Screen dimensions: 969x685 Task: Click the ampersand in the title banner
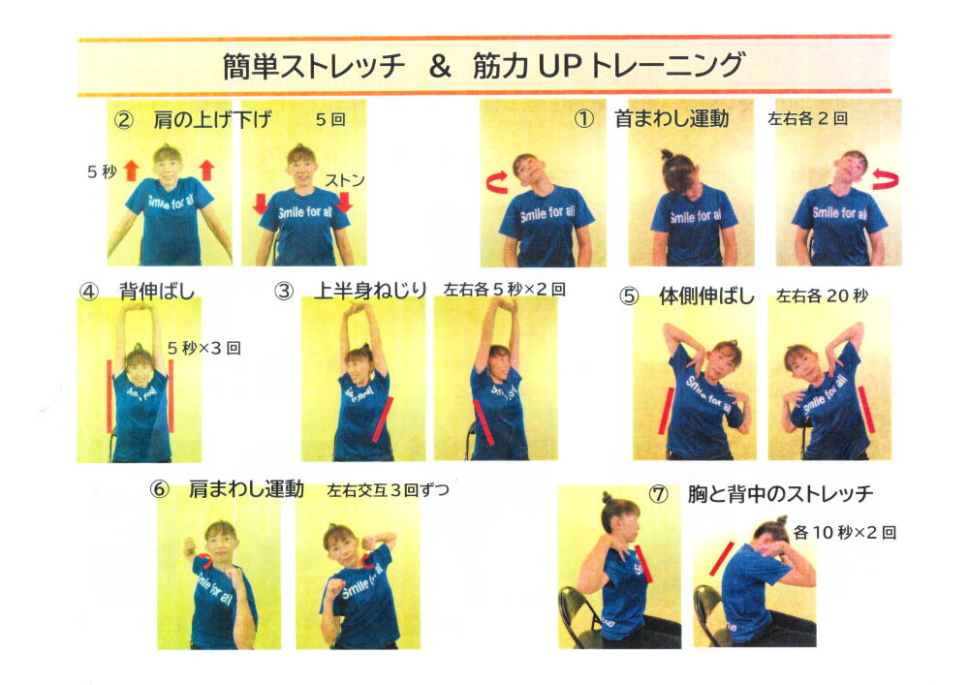pos(439,66)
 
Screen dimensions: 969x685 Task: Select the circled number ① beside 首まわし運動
pos(584,118)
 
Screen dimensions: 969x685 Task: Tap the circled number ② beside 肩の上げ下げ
pos(124,119)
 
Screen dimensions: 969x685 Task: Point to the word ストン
pos(345,180)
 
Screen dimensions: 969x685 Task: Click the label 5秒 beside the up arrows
pos(102,171)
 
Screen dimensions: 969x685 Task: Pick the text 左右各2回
pos(807,118)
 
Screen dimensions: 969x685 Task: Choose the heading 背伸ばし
pos(157,291)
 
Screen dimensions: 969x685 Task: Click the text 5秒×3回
pos(203,348)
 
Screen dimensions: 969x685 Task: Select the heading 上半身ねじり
pos(370,290)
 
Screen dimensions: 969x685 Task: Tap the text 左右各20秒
pos(822,296)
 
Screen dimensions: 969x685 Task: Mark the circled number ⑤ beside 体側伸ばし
pos(629,296)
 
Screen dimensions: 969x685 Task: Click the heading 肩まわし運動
pos(246,489)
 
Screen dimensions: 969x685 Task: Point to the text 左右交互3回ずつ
pos(388,490)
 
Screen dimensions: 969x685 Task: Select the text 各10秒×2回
pos(845,532)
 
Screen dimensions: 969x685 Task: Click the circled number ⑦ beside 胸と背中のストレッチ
pos(659,494)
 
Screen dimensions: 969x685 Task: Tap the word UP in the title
pos(560,66)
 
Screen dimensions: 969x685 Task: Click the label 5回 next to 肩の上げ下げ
pos(330,118)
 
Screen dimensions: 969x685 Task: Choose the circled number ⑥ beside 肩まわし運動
pos(160,490)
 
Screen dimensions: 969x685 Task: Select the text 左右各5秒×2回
pos(504,289)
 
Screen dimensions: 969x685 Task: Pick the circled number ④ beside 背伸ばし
pos(89,291)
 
